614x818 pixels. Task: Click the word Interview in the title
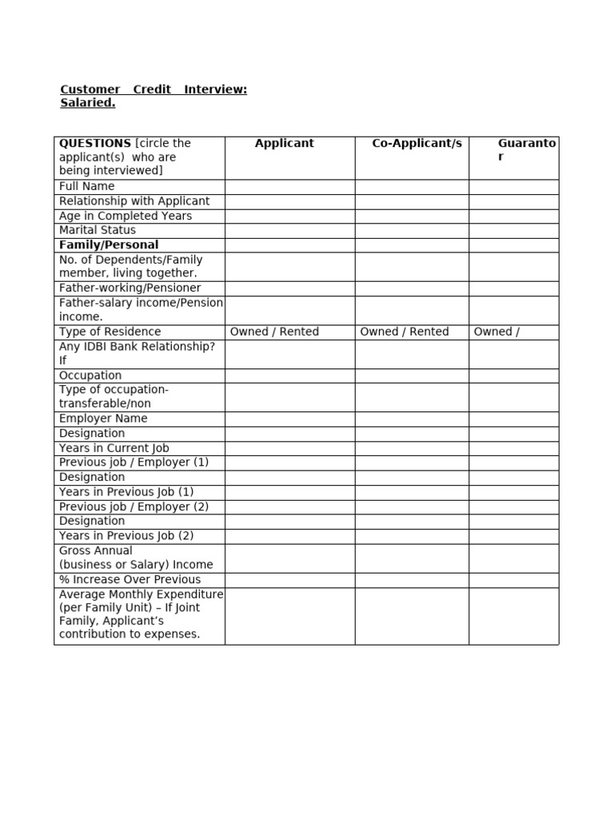tap(215, 89)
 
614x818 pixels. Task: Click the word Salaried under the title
tap(88, 103)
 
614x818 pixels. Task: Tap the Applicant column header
tap(284, 143)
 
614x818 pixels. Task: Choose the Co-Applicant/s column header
tap(417, 143)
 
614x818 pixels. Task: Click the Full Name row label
tap(87, 186)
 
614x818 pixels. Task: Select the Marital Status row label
tap(98, 230)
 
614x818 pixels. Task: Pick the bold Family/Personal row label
tap(109, 244)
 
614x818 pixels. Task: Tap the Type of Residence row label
tap(110, 332)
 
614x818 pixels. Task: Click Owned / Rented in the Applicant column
tap(274, 332)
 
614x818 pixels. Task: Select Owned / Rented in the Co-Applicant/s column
tap(405, 332)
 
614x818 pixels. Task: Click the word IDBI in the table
tap(102, 346)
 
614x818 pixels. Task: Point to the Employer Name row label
tap(103, 419)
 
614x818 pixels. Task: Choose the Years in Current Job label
tap(114, 448)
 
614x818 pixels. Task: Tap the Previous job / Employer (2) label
tap(134, 506)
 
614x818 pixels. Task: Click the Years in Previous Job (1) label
tap(126, 492)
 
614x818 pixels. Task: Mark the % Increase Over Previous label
tap(130, 579)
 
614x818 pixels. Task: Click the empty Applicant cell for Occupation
tap(289, 375)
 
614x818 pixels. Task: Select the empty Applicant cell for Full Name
tap(289, 187)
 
